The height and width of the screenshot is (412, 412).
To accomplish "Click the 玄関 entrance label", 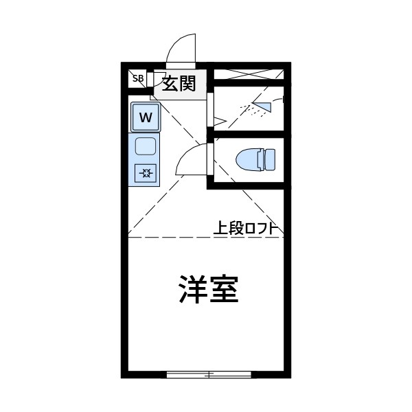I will [179, 83].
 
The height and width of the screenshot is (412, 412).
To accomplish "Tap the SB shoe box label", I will [137, 78].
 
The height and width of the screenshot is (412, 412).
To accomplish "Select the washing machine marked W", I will [146, 117].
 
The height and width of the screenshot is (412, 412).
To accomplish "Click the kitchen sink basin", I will [146, 146].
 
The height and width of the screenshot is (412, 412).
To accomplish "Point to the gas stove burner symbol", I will [146, 173].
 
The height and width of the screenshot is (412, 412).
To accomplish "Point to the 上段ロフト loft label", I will [245, 229].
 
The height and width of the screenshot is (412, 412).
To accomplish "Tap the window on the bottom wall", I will [209, 374].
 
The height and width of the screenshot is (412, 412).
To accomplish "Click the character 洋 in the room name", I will [193, 289].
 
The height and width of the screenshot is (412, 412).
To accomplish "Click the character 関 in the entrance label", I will [187, 83].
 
